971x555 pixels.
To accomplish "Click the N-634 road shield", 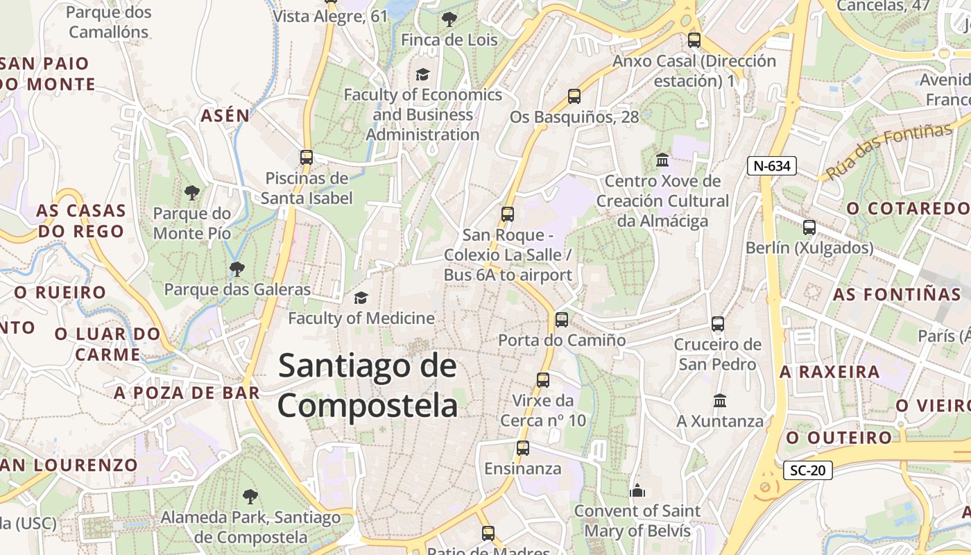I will click(x=772, y=166).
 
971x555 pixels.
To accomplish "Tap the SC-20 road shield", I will click(x=808, y=470).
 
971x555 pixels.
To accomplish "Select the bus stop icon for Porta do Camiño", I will click(x=562, y=320).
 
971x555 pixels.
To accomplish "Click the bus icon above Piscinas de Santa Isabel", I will click(x=307, y=157).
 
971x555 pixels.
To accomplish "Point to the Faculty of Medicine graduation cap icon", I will click(x=361, y=298).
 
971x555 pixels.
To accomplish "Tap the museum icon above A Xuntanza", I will click(x=720, y=401).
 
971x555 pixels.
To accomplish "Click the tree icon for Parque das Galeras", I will click(x=237, y=268).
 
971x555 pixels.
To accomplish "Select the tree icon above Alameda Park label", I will click(x=250, y=497).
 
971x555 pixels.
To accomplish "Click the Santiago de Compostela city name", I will click(x=368, y=386).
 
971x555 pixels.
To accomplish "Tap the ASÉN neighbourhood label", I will click(x=225, y=116).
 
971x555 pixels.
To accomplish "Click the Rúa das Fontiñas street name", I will click(x=889, y=151).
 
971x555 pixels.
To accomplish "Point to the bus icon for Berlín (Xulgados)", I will click(x=809, y=228).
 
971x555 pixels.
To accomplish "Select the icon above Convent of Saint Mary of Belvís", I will click(x=637, y=491).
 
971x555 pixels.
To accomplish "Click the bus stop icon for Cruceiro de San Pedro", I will click(x=718, y=324).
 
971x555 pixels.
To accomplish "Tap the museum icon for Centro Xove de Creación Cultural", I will click(x=662, y=160).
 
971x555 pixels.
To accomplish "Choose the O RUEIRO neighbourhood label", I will click(x=60, y=293).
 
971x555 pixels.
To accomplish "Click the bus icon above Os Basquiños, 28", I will click(x=574, y=96).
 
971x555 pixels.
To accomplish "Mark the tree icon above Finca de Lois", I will click(x=449, y=19).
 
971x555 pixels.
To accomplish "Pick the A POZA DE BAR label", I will click(x=187, y=393).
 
